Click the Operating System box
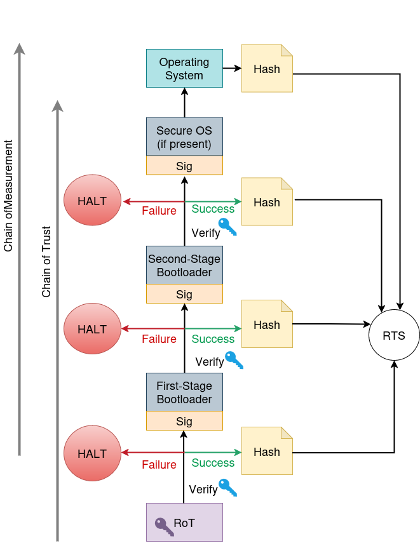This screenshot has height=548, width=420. coord(184,68)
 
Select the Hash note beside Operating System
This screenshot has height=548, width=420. coord(267,69)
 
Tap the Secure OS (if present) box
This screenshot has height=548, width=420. coord(184,137)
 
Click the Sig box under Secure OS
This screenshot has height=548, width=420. coord(184,166)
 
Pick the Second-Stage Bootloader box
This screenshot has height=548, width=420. coord(184,265)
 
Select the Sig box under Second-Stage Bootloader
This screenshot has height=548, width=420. coord(184,294)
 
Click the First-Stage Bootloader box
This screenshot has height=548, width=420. coord(184,392)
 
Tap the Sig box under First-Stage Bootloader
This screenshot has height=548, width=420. coord(184,421)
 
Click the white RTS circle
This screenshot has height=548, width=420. coord(394,335)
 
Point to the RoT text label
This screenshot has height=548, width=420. coord(184,523)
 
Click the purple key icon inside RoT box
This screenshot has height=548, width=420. coord(164,526)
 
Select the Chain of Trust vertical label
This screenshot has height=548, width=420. coord(46,262)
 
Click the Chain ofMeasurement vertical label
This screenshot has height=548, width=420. coord(8,195)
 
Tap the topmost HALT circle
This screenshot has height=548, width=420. coord(92,201)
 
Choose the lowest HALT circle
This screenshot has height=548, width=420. coord(92,453)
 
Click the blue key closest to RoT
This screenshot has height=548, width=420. coord(227,487)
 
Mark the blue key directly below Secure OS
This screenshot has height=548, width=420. coord(227,227)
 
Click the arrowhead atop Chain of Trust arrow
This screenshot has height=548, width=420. coord(57,105)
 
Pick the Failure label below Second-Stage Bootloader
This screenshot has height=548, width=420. coord(159,339)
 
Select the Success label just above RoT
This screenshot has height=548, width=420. coord(213,463)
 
